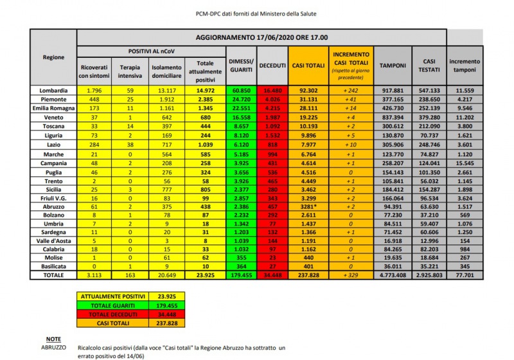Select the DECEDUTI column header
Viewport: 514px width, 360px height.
click(274, 66)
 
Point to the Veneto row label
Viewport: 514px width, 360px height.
click(53, 119)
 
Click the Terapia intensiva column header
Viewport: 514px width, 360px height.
click(130, 70)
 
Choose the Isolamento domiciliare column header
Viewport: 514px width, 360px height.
click(166, 70)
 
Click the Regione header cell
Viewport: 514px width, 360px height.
click(53, 57)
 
